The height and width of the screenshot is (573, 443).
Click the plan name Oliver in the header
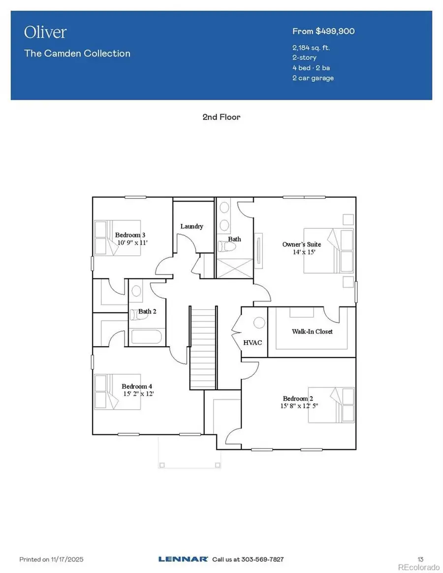pos(45,32)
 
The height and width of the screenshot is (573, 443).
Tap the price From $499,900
pos(323,31)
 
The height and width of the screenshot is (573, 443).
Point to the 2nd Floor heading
pos(221,117)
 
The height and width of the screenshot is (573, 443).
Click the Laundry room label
pos(191,226)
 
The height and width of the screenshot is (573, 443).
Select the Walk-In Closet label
pos(312,332)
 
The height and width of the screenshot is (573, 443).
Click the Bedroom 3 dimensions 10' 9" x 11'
pos(132,242)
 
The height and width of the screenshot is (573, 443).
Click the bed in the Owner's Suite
pos(328,251)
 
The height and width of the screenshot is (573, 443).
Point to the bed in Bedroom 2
pos(331,404)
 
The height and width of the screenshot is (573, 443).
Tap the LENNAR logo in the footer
pos(183,559)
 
